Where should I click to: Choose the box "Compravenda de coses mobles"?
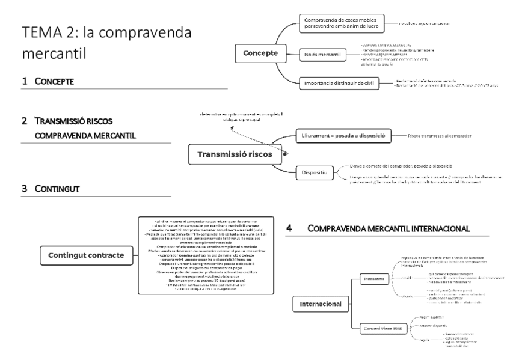point(341,23)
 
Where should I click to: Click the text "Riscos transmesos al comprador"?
point(435,136)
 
